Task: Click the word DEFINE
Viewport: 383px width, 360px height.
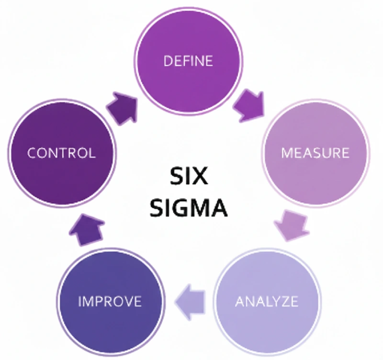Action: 188,61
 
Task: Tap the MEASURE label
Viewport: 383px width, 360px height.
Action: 315,153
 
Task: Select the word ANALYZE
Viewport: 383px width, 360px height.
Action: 267,302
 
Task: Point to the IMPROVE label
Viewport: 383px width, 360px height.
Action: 110,302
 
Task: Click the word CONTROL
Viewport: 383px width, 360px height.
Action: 61,153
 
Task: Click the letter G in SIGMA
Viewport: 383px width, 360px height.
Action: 183,208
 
